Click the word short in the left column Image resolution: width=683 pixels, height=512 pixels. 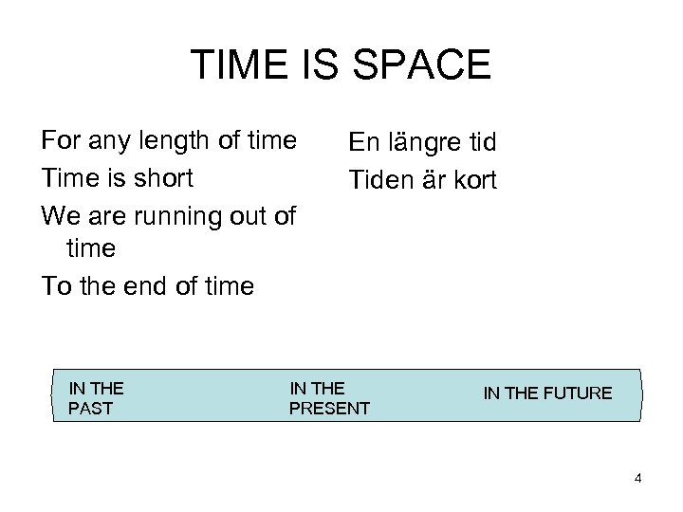(161, 178)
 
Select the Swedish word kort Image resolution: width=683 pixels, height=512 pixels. (473, 180)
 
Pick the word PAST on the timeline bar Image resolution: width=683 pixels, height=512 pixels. (91, 409)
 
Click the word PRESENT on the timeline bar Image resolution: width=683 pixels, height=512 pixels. (329, 409)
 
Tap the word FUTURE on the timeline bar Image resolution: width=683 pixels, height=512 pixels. (579, 393)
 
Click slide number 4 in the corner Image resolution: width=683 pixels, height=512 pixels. (638, 478)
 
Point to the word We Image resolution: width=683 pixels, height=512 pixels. (60, 215)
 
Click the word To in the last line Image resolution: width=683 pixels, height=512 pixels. (55, 286)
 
